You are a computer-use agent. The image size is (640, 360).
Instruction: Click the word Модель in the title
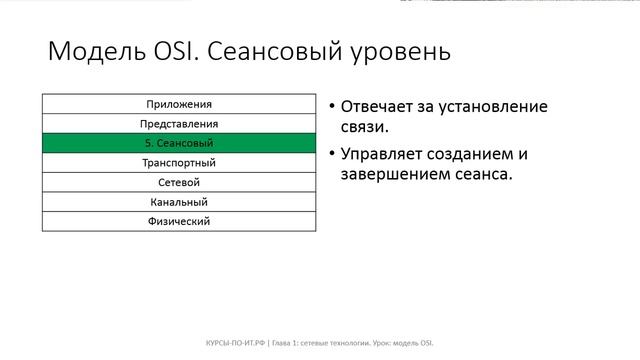[x=93, y=52]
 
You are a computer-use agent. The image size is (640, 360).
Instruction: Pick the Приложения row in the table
[x=179, y=104]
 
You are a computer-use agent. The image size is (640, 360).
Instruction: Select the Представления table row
[x=179, y=124]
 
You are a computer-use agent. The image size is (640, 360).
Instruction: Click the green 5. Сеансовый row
[x=179, y=143]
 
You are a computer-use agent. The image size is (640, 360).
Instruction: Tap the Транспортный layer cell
[x=179, y=162]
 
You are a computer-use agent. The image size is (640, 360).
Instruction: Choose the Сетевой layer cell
[x=179, y=182]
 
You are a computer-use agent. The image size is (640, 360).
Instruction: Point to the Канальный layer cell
[x=179, y=201]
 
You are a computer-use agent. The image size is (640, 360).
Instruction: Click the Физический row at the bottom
[x=179, y=221]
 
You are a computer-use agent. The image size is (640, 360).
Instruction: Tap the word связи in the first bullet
[x=364, y=129]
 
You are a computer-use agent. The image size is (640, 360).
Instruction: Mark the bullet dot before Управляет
[x=331, y=155]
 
